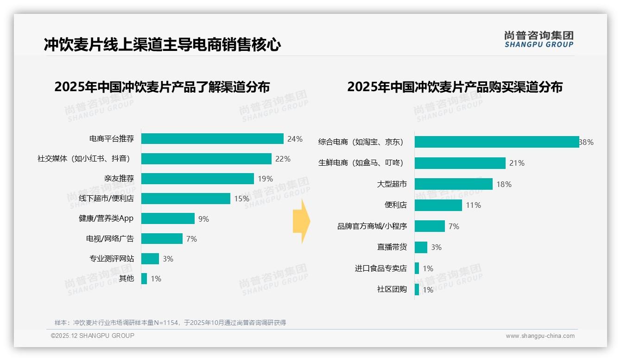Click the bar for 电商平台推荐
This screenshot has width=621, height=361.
tap(212, 139)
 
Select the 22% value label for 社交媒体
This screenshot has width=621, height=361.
tap(283, 159)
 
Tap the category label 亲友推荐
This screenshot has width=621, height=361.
tap(119, 179)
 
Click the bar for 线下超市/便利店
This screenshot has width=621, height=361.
tap(186, 199)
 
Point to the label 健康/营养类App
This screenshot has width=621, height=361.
tap(106, 218)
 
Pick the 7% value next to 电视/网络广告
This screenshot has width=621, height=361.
tap(191, 239)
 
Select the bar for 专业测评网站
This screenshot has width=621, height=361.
tap(150, 259)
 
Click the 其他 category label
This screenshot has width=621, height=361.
tap(127, 279)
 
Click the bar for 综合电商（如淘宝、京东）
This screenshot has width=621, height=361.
tap(497, 142)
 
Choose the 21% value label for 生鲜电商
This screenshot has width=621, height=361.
tap(517, 163)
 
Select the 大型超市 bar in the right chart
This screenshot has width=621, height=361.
tap(454, 184)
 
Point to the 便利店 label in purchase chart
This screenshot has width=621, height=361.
tap(396, 205)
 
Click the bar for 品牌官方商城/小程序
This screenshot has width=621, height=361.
tap(430, 226)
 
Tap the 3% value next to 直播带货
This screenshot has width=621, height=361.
tap(436, 247)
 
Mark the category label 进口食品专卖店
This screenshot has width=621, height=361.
tap(381, 268)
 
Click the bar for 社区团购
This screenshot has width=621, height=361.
tap(417, 289)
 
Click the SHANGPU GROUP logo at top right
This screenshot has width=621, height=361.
tap(539, 39)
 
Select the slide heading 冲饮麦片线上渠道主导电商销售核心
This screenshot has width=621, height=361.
tap(163, 45)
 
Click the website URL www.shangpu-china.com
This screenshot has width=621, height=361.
tap(540, 336)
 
